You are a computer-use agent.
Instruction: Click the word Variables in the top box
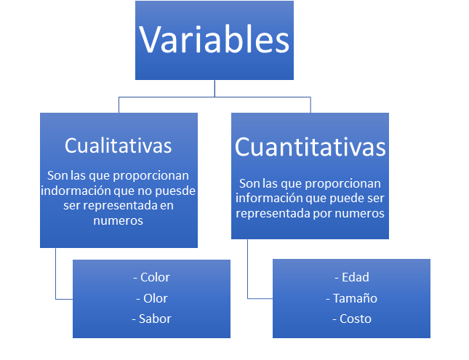(215, 40)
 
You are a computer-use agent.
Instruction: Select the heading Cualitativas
(118, 145)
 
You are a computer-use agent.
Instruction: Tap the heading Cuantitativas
(310, 147)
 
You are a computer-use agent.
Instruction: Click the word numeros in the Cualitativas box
(118, 221)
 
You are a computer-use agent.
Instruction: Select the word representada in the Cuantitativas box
(273, 214)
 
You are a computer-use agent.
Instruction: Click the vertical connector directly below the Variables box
(215, 88)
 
